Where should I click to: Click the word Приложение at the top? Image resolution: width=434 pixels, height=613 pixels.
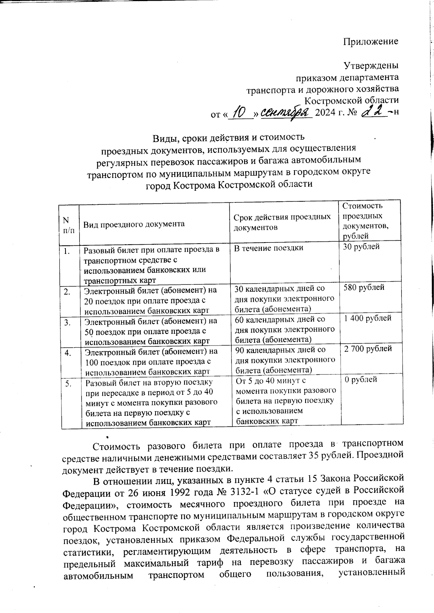click(370, 41)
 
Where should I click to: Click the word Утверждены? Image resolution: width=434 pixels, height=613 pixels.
click(371, 66)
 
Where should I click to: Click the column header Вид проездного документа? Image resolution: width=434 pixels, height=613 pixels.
click(134, 224)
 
